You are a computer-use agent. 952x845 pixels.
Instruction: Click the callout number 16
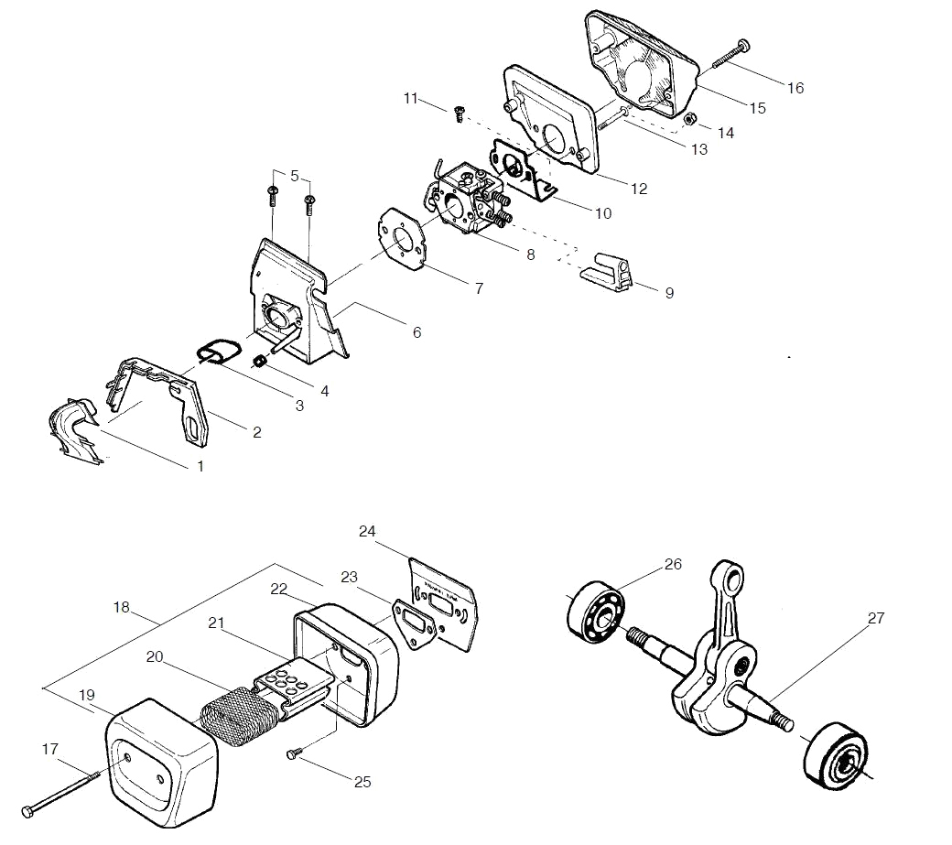pos(795,88)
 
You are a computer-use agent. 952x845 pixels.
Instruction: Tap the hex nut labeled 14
pos(689,118)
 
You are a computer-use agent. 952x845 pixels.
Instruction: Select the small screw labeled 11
pos(459,114)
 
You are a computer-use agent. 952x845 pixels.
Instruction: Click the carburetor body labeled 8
pos(468,197)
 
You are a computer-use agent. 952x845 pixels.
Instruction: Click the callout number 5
pos(295,176)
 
